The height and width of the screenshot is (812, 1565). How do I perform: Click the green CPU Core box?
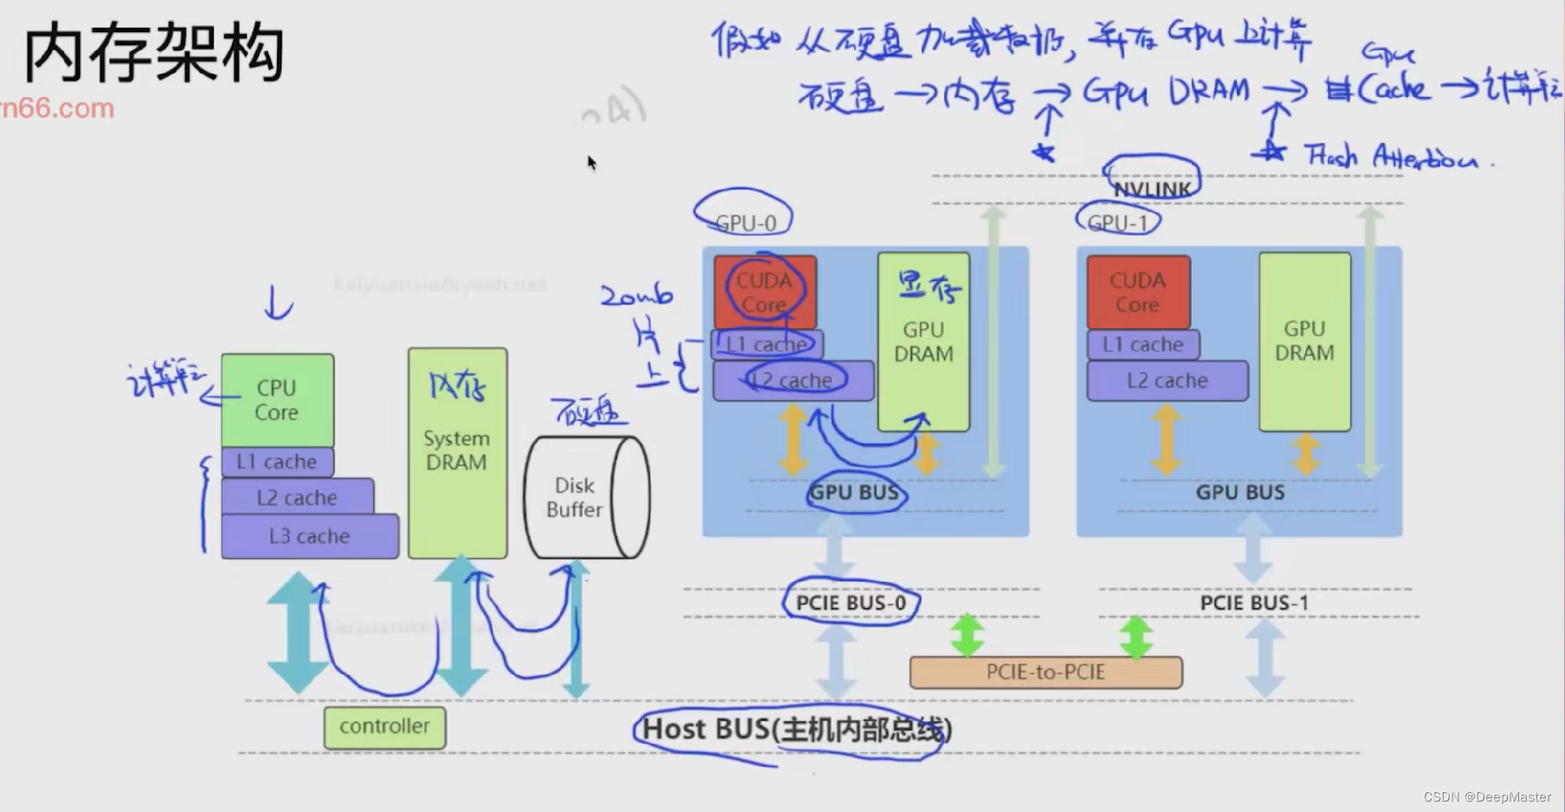(x=277, y=400)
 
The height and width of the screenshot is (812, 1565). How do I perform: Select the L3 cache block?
(x=310, y=537)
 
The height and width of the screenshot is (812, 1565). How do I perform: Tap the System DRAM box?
(x=457, y=453)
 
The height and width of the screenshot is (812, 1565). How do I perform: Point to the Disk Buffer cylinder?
(x=585, y=498)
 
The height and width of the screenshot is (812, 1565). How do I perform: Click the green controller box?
(x=385, y=727)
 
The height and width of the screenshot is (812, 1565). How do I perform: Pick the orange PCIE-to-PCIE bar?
(x=1045, y=673)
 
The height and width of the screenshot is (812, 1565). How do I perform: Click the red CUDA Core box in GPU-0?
(x=765, y=292)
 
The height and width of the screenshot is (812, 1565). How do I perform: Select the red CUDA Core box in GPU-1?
(x=1138, y=292)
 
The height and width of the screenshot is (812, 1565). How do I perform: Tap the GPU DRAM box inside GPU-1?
(x=1304, y=341)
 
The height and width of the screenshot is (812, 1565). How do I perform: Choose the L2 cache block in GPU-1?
(x=1167, y=381)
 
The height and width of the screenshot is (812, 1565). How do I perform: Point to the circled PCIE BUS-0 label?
(x=850, y=603)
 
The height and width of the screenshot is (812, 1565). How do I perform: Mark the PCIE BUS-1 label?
(x=1254, y=603)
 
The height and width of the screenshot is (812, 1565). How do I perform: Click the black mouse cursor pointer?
(x=592, y=163)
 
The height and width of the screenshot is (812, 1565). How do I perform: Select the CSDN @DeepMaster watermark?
(x=1486, y=797)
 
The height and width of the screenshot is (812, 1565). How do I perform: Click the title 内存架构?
(x=154, y=54)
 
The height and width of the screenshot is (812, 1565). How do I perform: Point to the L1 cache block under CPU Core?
(x=277, y=462)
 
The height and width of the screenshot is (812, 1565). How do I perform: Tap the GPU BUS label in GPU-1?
(x=1240, y=493)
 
